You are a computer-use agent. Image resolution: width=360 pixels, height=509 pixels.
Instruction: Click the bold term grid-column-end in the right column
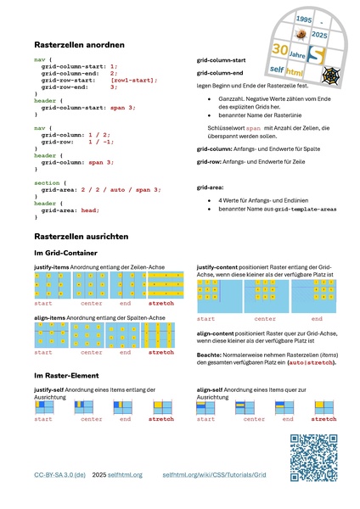221,75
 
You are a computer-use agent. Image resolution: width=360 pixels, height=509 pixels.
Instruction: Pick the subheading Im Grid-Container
65,253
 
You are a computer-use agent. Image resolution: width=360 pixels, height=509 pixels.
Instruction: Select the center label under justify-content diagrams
265,319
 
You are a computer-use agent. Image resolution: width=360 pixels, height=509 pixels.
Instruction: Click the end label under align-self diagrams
288,419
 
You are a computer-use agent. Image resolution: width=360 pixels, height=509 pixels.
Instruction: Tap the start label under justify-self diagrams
43,419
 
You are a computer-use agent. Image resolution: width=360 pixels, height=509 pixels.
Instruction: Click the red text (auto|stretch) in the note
311,362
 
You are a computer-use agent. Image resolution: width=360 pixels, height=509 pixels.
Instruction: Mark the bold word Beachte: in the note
208,355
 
